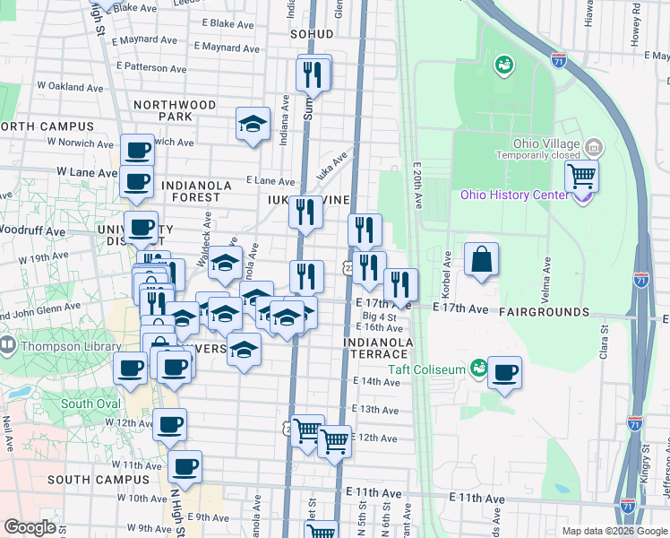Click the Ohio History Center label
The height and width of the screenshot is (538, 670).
pyautogui.click(x=513, y=195)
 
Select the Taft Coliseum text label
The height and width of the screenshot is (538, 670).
pyautogui.click(x=427, y=369)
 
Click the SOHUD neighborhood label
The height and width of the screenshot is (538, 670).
pyautogui.click(x=312, y=34)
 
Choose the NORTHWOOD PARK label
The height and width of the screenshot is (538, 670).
pyautogui.click(x=175, y=110)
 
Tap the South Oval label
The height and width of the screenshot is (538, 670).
pyautogui.click(x=90, y=403)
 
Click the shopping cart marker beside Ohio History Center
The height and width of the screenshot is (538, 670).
pyautogui.click(x=582, y=176)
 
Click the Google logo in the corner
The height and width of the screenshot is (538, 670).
pyautogui.click(x=30, y=527)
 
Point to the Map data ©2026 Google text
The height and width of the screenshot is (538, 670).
pyautogui.click(x=614, y=531)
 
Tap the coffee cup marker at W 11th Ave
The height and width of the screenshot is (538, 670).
pyautogui.click(x=185, y=466)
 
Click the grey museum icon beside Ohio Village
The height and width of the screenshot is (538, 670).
pyautogui.click(x=592, y=146)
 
